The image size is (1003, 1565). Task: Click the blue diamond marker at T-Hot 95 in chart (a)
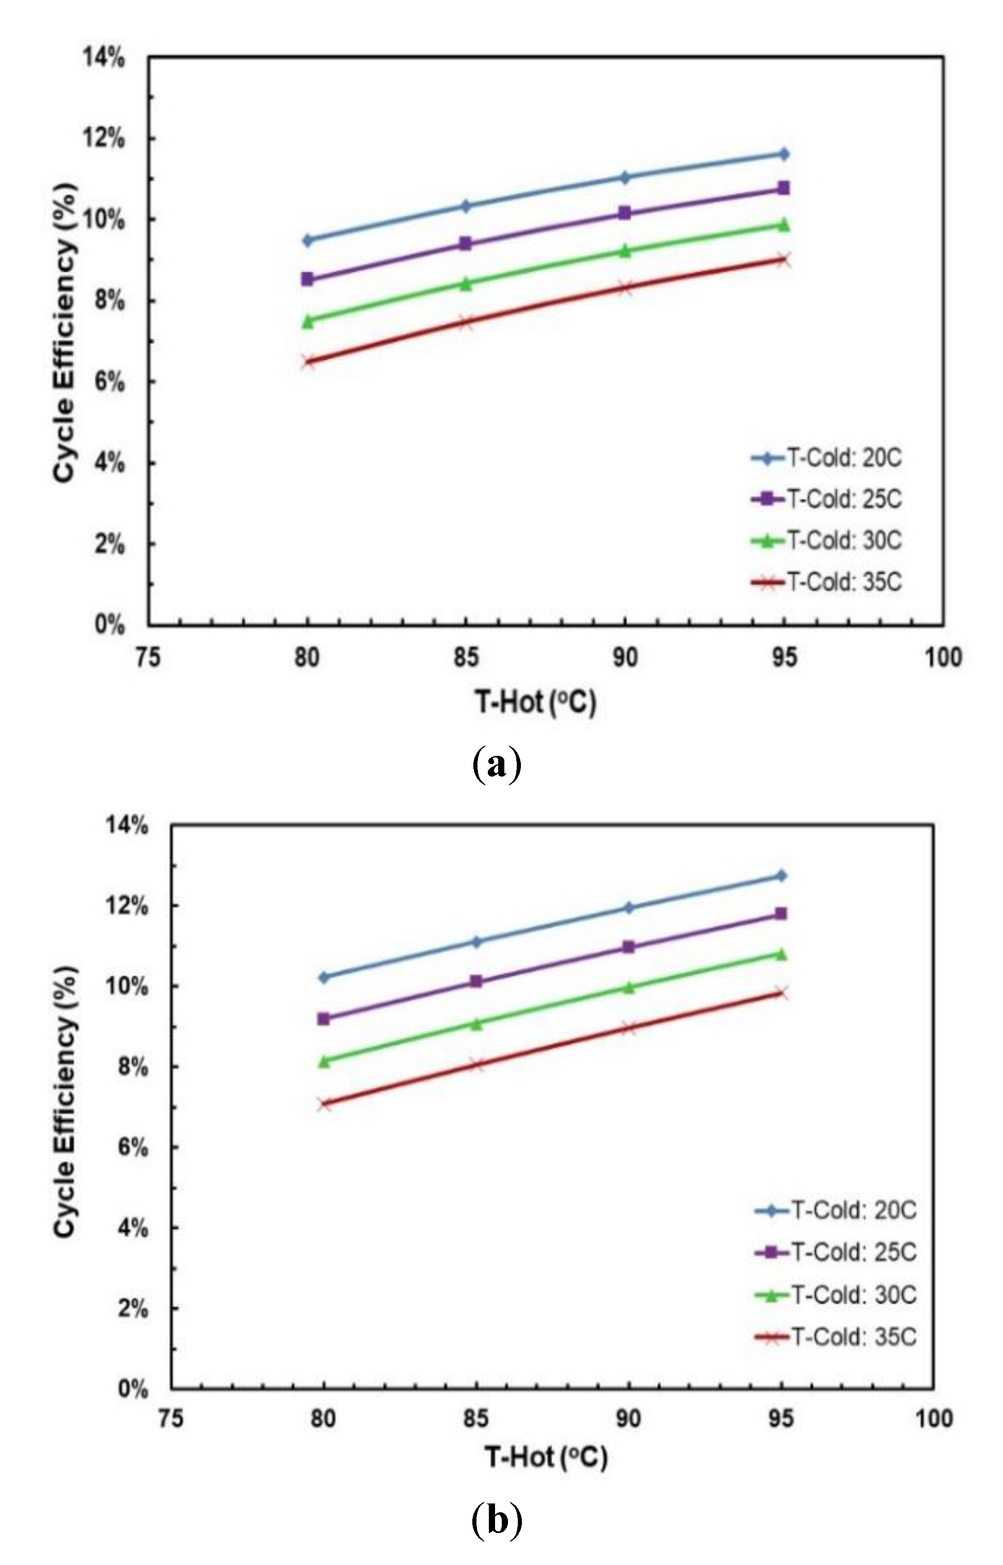783,154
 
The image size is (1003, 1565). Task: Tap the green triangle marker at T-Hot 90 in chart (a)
625,251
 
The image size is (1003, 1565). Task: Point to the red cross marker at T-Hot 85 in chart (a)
466,322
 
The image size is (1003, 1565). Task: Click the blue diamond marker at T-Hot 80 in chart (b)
323,977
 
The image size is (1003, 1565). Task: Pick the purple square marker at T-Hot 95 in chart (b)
781,914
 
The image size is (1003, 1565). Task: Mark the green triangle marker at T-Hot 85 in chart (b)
476,1024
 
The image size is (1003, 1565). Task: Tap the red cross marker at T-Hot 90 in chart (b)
628,1028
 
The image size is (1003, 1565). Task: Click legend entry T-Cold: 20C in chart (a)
844,458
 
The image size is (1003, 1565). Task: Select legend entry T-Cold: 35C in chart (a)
844,582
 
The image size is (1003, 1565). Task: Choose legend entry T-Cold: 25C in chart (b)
853,1252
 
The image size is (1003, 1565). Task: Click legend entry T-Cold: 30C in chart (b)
853,1294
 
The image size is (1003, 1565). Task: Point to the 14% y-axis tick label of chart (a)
103,57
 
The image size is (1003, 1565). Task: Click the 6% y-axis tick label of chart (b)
132,1147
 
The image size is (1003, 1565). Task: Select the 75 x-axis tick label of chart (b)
171,1418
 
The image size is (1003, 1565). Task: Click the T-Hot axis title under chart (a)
535,702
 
